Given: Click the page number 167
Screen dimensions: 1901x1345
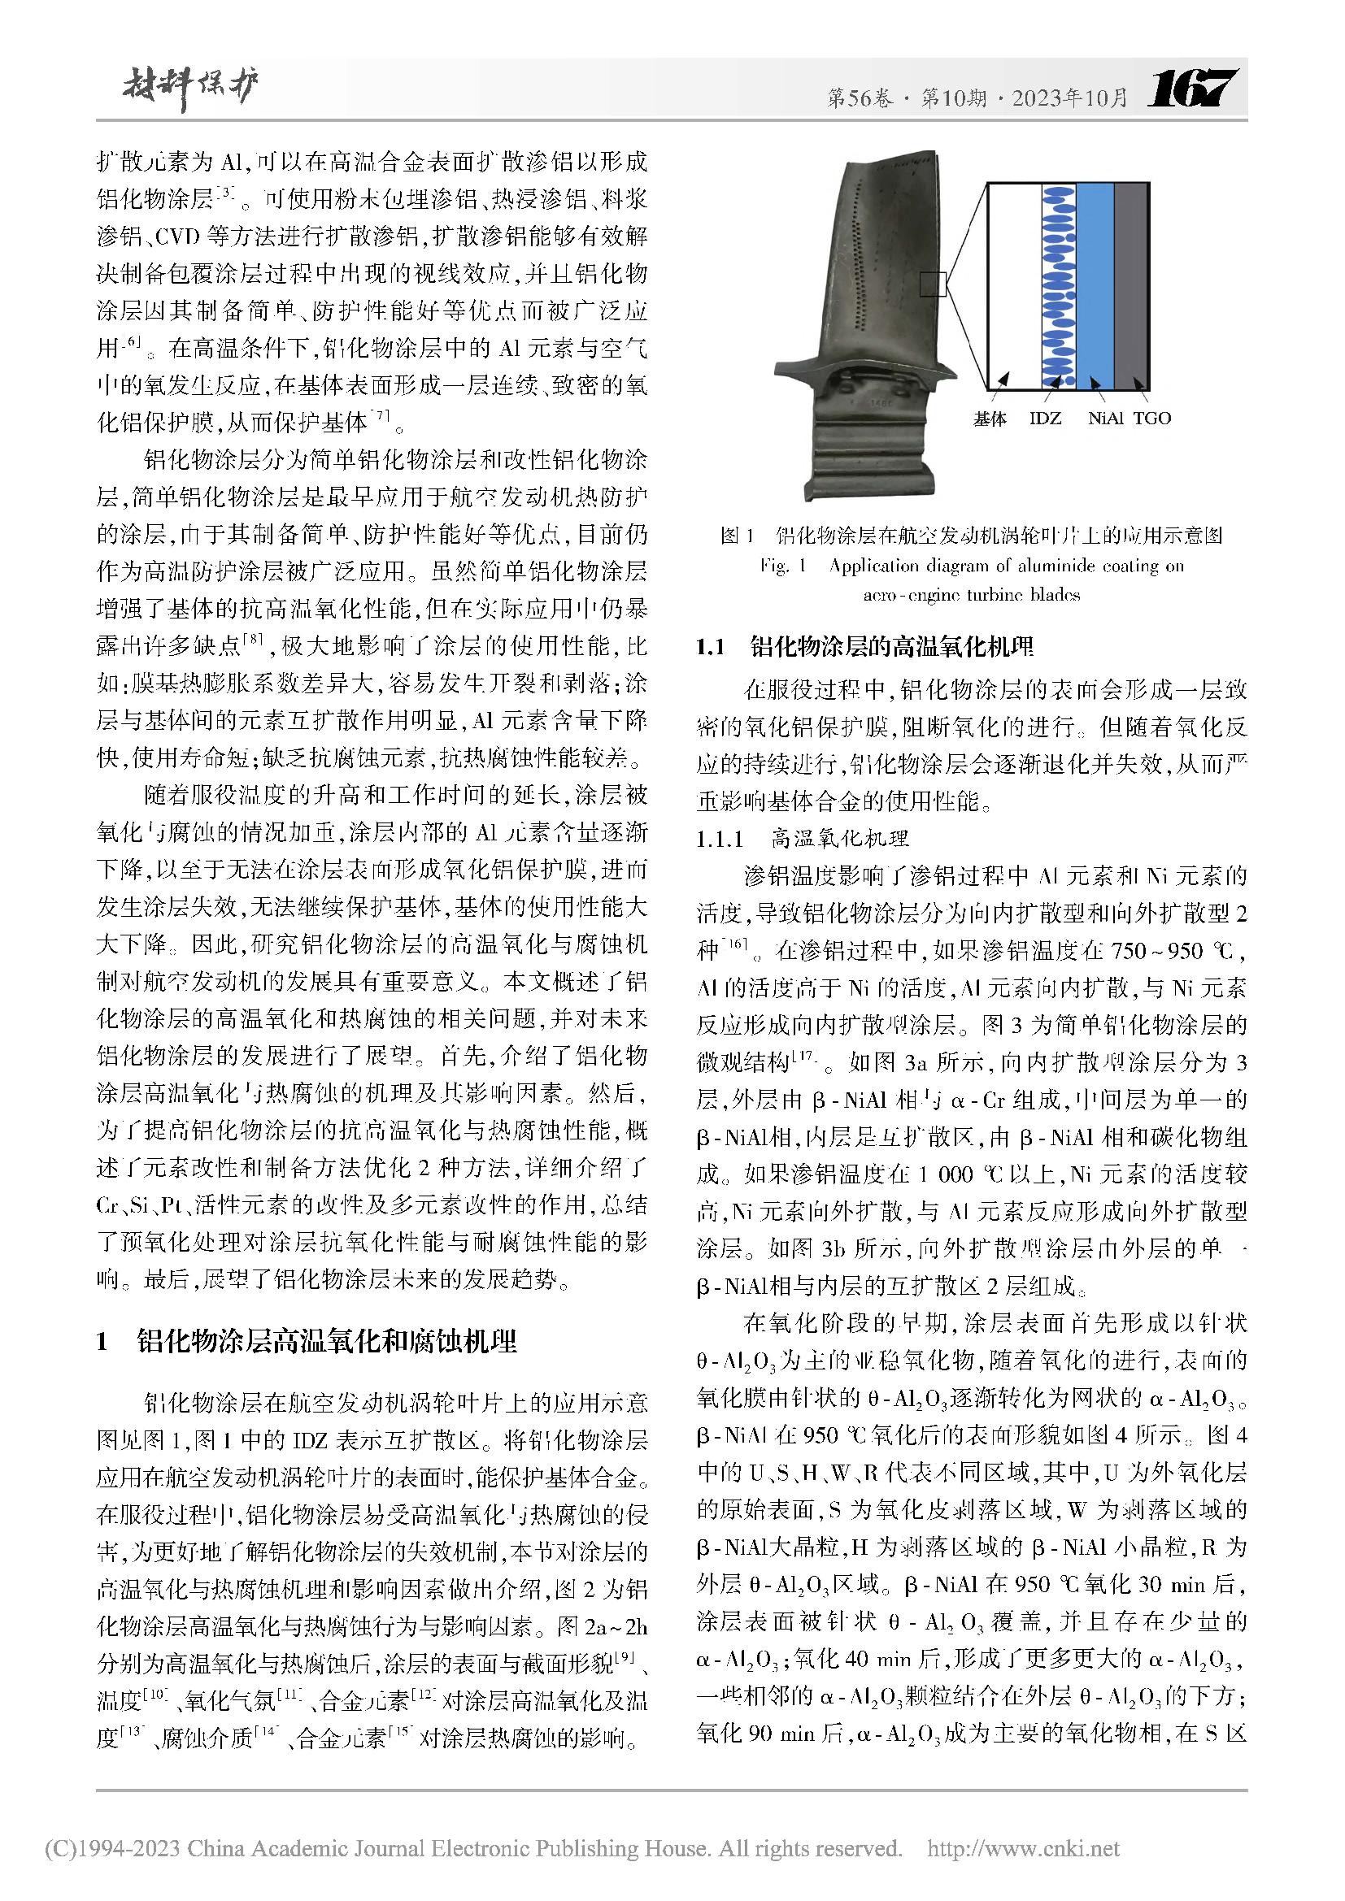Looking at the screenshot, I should click(1192, 88).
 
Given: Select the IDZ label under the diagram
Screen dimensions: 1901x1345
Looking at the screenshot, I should click(1044, 418).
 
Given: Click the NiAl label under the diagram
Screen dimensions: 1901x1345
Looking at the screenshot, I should click(1105, 418).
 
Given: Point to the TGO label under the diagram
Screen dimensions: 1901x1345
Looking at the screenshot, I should click(1152, 418).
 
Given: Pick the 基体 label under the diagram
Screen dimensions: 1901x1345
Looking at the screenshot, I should click(990, 419).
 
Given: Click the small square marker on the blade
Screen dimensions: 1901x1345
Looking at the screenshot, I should click(933, 284).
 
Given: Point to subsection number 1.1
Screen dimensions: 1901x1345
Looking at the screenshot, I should click(711, 647).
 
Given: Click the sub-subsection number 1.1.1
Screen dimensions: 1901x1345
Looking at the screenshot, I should click(720, 839).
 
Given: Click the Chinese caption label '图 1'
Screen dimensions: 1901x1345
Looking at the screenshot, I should click(737, 535).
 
